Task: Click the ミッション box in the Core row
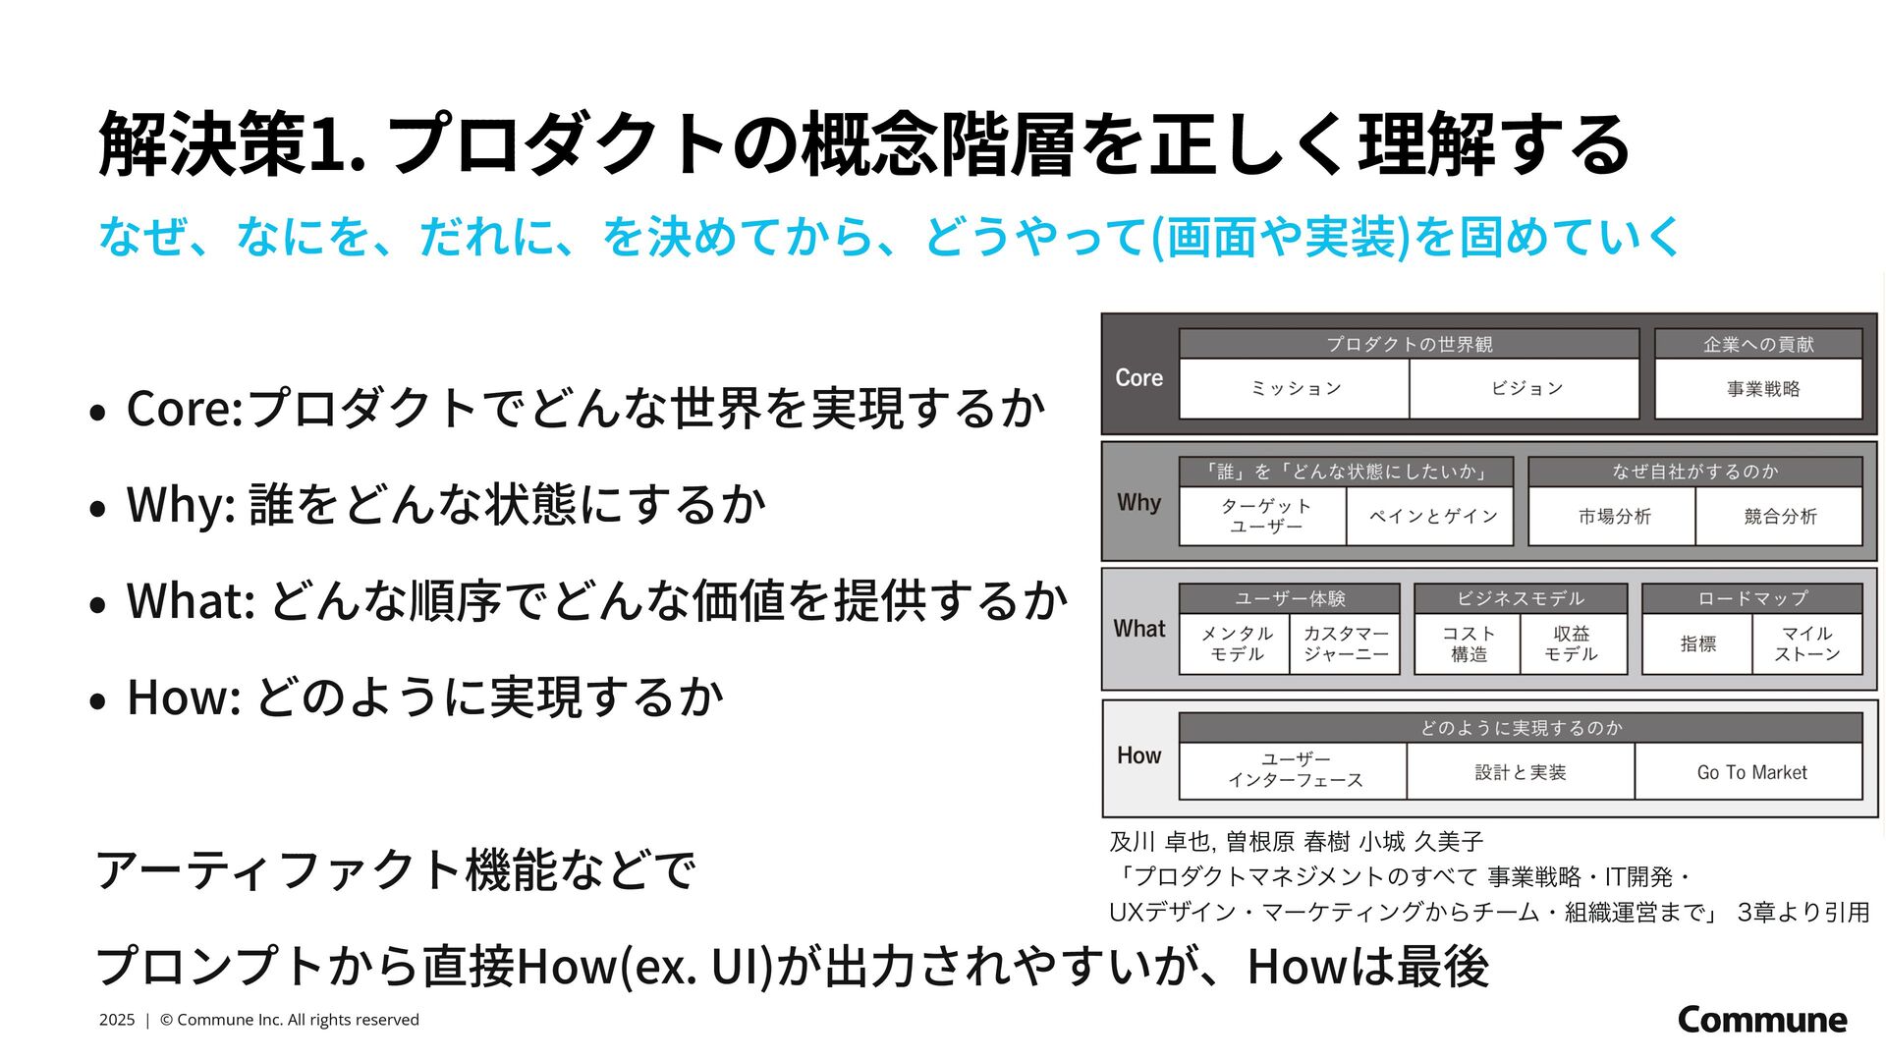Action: pos(1295,389)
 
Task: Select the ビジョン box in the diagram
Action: pos(1525,389)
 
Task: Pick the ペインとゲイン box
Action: pos(1432,517)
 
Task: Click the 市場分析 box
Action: pos(1614,517)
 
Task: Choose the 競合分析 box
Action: pos(1780,517)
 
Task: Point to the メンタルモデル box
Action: pos(1236,644)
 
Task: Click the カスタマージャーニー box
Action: pos(1346,644)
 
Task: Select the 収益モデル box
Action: pos(1572,644)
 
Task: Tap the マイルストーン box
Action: pos(1806,644)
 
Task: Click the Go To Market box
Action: pos(1751,773)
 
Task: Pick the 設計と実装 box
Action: pos(1521,773)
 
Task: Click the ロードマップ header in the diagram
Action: pos(1752,598)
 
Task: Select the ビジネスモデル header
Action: pos(1521,598)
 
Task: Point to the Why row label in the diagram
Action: pos(1139,503)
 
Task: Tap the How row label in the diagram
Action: pos(1139,755)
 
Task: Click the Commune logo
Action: pos(1762,1020)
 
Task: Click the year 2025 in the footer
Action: pos(117,1020)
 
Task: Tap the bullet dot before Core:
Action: pos(96,413)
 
